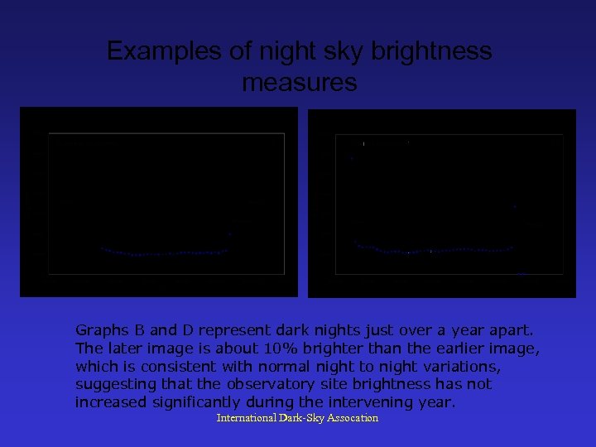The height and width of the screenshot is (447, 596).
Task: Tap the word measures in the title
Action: coord(300,83)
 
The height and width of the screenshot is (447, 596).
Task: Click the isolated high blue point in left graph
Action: coord(229,235)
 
